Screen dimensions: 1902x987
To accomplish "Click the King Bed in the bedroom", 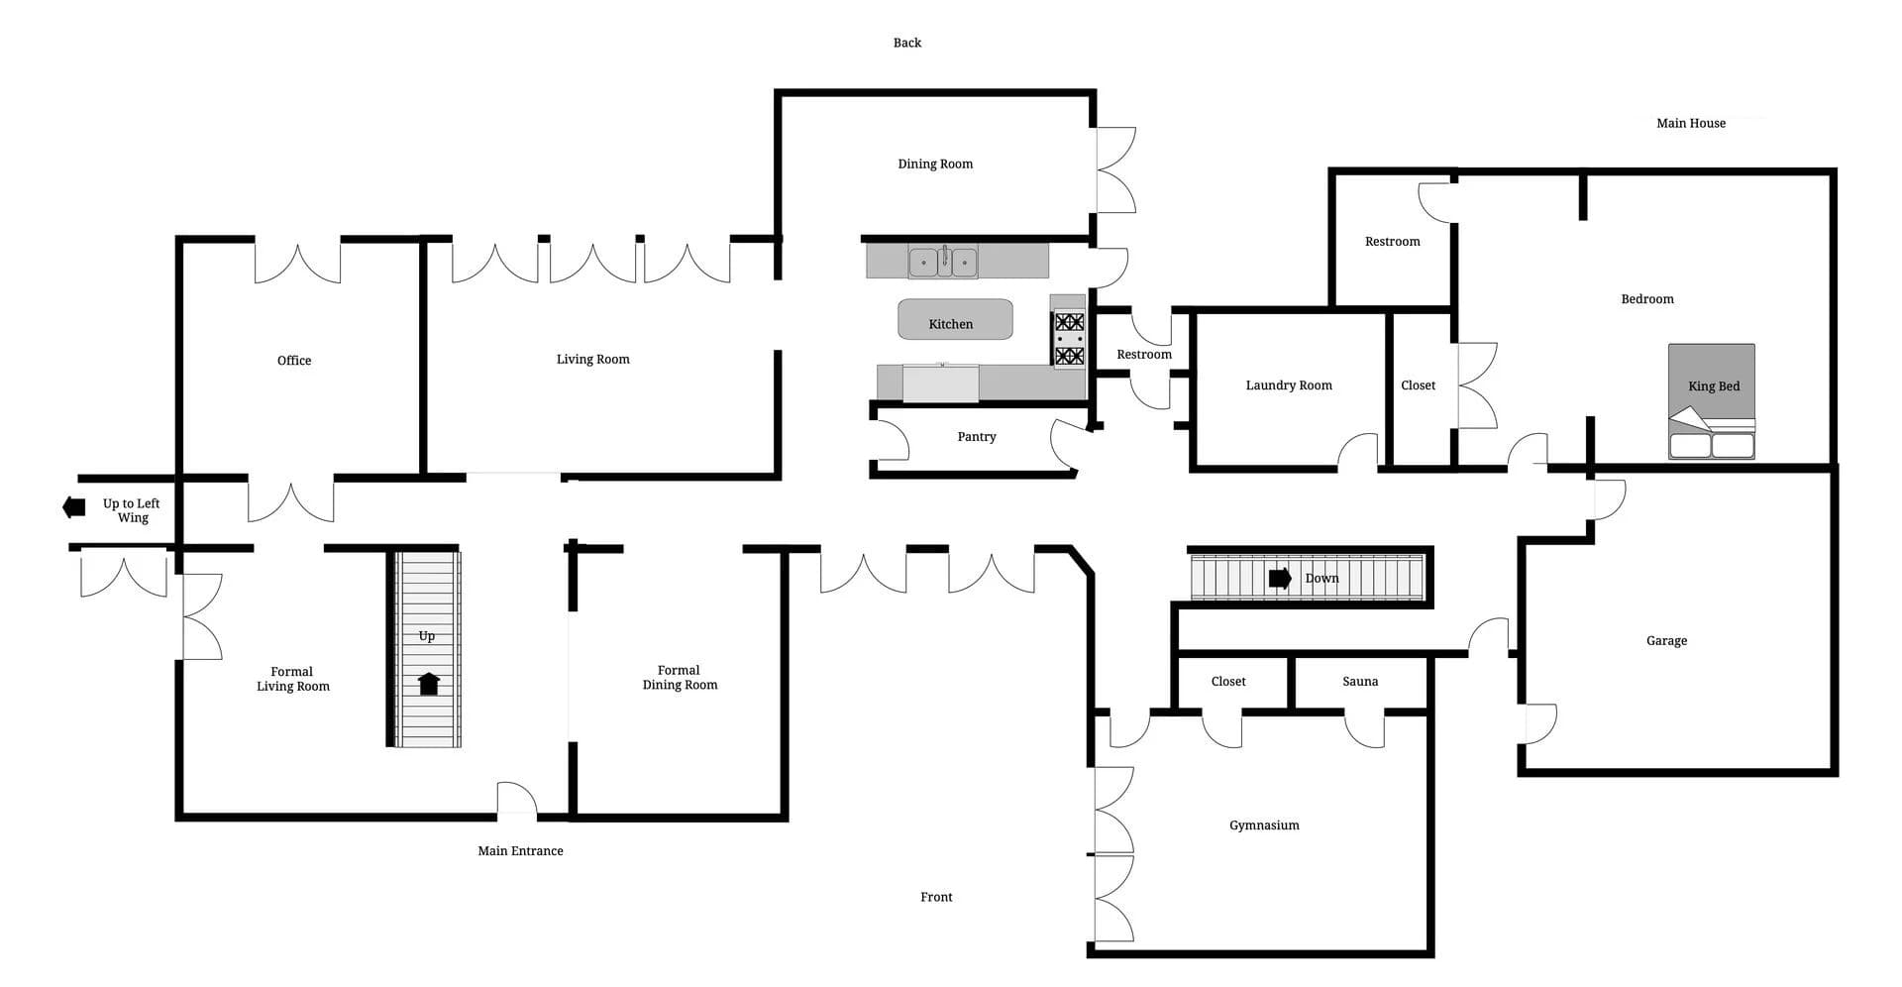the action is (x=1712, y=401).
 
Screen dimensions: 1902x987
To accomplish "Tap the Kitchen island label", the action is (x=951, y=324).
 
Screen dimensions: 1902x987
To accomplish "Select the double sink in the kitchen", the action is (x=943, y=262).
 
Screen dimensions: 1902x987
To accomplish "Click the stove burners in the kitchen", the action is (x=1069, y=339).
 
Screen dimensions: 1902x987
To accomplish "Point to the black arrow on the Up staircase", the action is (x=429, y=684).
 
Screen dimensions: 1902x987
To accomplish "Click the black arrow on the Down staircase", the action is (x=1280, y=578).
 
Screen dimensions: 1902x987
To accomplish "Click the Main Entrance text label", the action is (x=520, y=850).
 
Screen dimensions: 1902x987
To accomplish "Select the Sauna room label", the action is (x=1360, y=681).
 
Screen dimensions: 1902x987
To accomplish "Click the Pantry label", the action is (x=977, y=437).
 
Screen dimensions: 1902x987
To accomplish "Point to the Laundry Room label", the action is (x=1289, y=385).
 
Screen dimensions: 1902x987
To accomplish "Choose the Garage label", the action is (x=1666, y=641).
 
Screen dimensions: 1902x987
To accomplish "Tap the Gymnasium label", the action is (x=1264, y=825).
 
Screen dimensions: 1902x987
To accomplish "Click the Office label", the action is (x=294, y=361).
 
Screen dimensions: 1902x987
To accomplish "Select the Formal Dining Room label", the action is (x=680, y=678).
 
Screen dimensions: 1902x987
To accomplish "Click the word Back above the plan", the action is (x=907, y=43).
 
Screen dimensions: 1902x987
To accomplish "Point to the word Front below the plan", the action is (x=936, y=897).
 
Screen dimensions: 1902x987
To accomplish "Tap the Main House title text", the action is (x=1691, y=123).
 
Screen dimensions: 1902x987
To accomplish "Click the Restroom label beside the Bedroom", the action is (x=1392, y=242).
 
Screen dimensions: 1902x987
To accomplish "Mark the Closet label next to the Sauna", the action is (x=1228, y=681).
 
